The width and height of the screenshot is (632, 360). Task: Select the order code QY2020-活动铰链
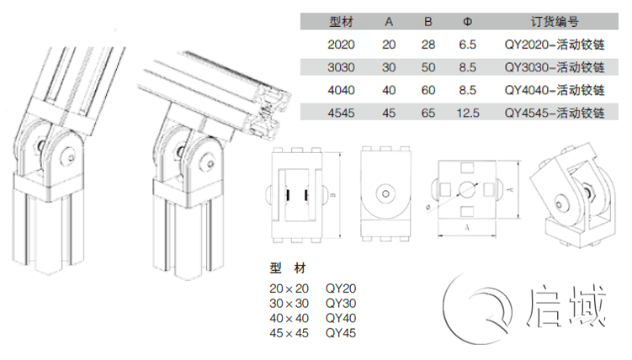(554, 45)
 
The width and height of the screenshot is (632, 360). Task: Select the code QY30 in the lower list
(341, 303)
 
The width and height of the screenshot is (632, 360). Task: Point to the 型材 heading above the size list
(289, 268)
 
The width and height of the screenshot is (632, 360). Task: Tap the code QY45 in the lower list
(341, 333)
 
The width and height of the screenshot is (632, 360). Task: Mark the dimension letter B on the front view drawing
(333, 194)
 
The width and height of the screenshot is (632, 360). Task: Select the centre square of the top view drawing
(466, 190)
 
